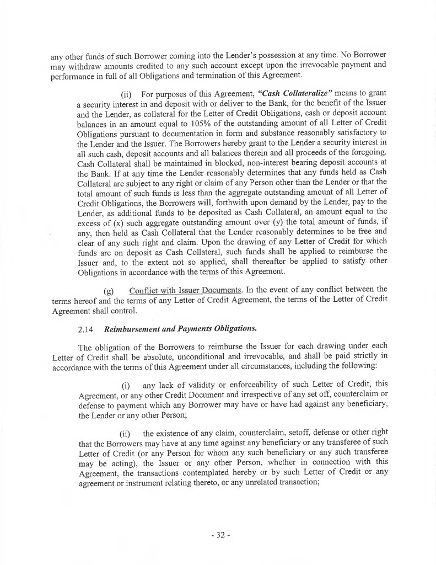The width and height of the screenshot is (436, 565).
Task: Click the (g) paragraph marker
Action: tap(109, 290)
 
